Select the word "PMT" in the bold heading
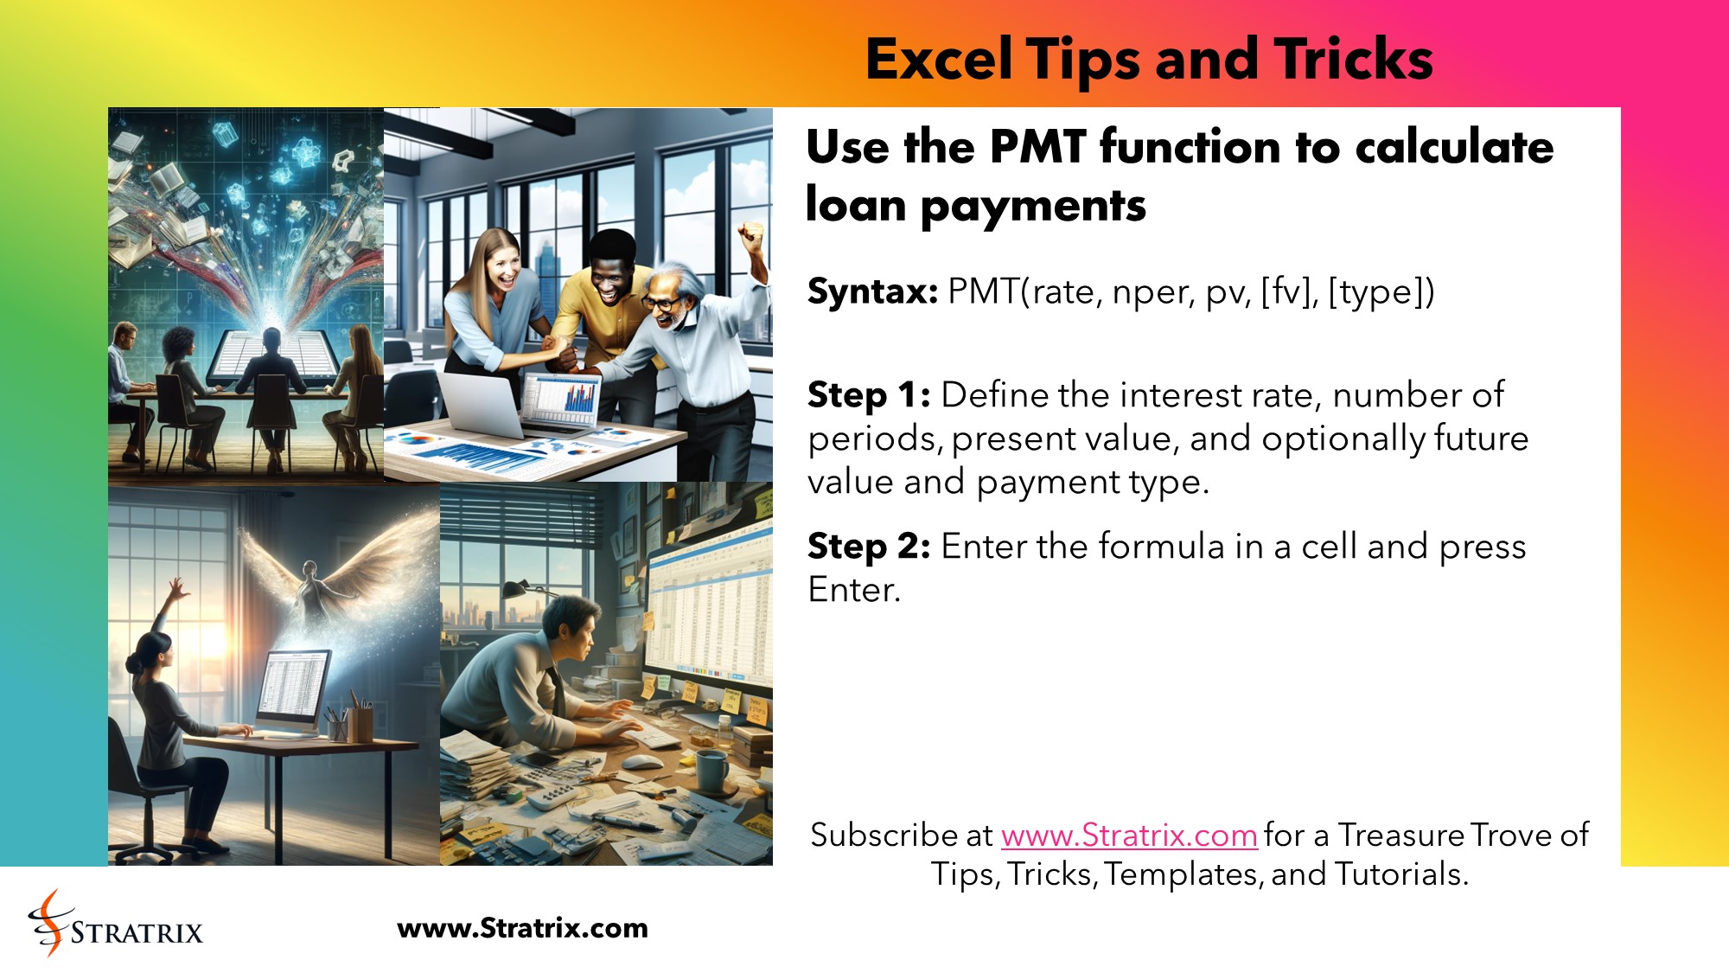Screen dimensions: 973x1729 click(x=1037, y=146)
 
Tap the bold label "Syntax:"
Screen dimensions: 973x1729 click(x=872, y=291)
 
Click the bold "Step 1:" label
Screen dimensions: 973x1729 click(x=868, y=395)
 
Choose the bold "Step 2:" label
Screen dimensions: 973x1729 click(x=868, y=547)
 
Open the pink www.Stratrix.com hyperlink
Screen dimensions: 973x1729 click(x=1128, y=835)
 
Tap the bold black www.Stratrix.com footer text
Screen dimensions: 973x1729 click(x=522, y=928)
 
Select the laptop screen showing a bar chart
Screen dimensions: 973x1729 click(x=565, y=401)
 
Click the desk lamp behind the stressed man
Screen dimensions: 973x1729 click(x=519, y=588)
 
